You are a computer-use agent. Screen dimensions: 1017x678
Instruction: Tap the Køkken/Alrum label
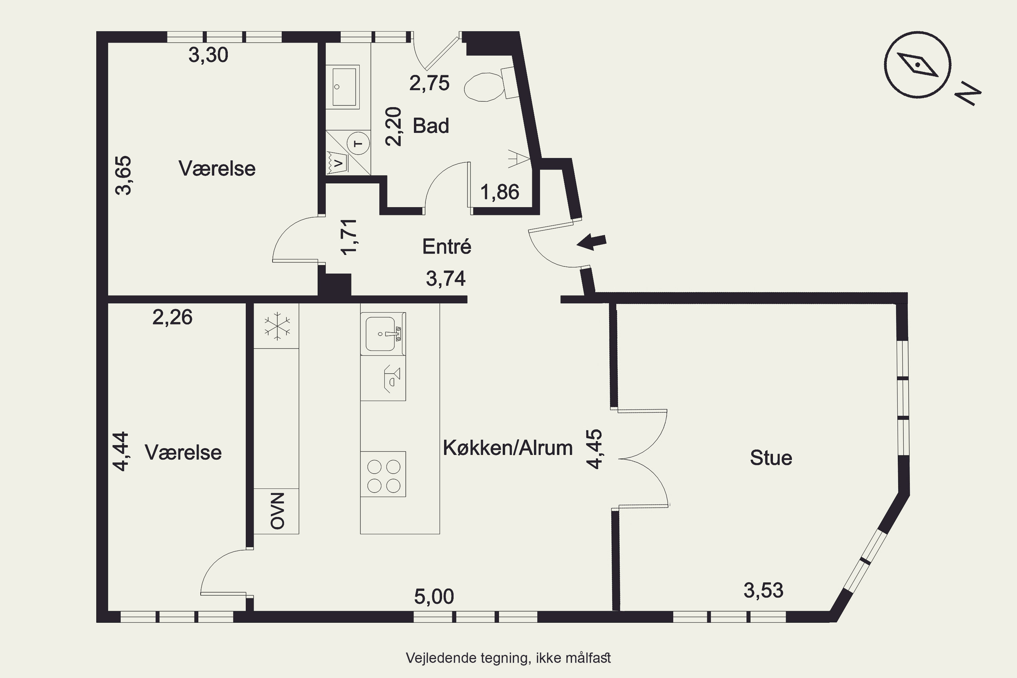[507, 448]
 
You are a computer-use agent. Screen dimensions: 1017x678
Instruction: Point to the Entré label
[447, 246]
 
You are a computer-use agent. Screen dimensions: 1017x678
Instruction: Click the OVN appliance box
[276, 511]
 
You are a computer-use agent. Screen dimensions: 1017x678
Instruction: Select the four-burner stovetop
[383, 474]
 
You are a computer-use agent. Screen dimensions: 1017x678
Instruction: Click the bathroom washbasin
[342, 86]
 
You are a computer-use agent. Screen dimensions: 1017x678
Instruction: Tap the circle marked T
[358, 143]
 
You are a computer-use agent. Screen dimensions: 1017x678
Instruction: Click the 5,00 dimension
[434, 597]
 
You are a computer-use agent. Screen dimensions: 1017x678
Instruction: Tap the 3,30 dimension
[208, 55]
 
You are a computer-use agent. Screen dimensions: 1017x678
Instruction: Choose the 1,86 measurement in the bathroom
[500, 192]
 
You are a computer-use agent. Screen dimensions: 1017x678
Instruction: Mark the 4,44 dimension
[121, 451]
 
